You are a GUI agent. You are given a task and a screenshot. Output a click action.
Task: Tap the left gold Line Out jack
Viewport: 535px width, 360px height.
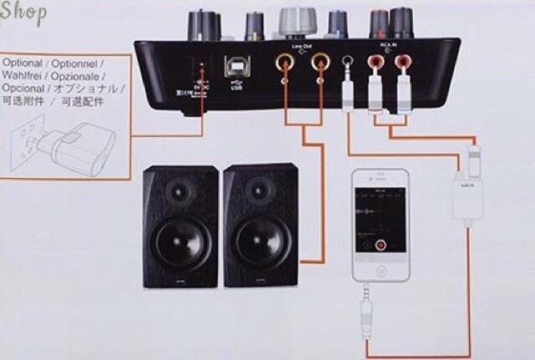click(285, 63)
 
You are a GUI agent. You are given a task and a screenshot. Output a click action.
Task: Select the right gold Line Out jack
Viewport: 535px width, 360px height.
click(318, 63)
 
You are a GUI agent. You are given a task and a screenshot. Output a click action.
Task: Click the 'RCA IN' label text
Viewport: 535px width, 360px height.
click(385, 44)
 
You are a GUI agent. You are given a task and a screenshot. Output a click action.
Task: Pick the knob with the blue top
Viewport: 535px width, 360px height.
click(339, 21)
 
